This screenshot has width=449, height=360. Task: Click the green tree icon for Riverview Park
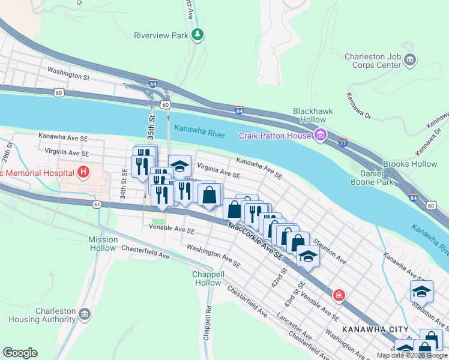(x=197, y=35)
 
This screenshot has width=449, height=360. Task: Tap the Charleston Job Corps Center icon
(x=411, y=59)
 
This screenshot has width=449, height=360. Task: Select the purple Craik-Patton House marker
(x=321, y=136)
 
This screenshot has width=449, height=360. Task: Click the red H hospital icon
(x=83, y=173)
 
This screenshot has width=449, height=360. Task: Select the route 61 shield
(x=97, y=205)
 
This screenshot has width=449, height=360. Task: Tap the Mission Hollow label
(x=103, y=243)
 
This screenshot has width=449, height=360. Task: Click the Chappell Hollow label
(x=208, y=278)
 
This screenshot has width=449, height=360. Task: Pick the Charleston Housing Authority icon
(x=84, y=313)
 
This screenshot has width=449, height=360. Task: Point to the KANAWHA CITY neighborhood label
(x=375, y=329)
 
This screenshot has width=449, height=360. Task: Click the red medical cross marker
(x=339, y=295)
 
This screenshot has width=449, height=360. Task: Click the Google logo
(x=20, y=352)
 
